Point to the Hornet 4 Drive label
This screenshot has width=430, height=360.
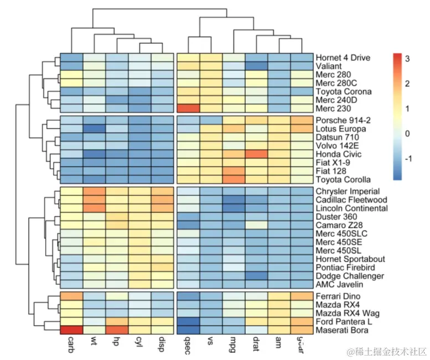[343, 58]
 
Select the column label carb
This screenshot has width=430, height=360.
[71, 346]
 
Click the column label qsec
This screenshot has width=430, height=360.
[188, 346]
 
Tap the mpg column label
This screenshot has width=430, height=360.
[234, 346]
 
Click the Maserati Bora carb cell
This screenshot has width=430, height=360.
[71, 331]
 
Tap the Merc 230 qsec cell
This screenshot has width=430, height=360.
[188, 108]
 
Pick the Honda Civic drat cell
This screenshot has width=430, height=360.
[256, 154]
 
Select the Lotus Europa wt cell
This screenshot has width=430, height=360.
[94, 129]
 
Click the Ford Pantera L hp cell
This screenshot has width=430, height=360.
[117, 322]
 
